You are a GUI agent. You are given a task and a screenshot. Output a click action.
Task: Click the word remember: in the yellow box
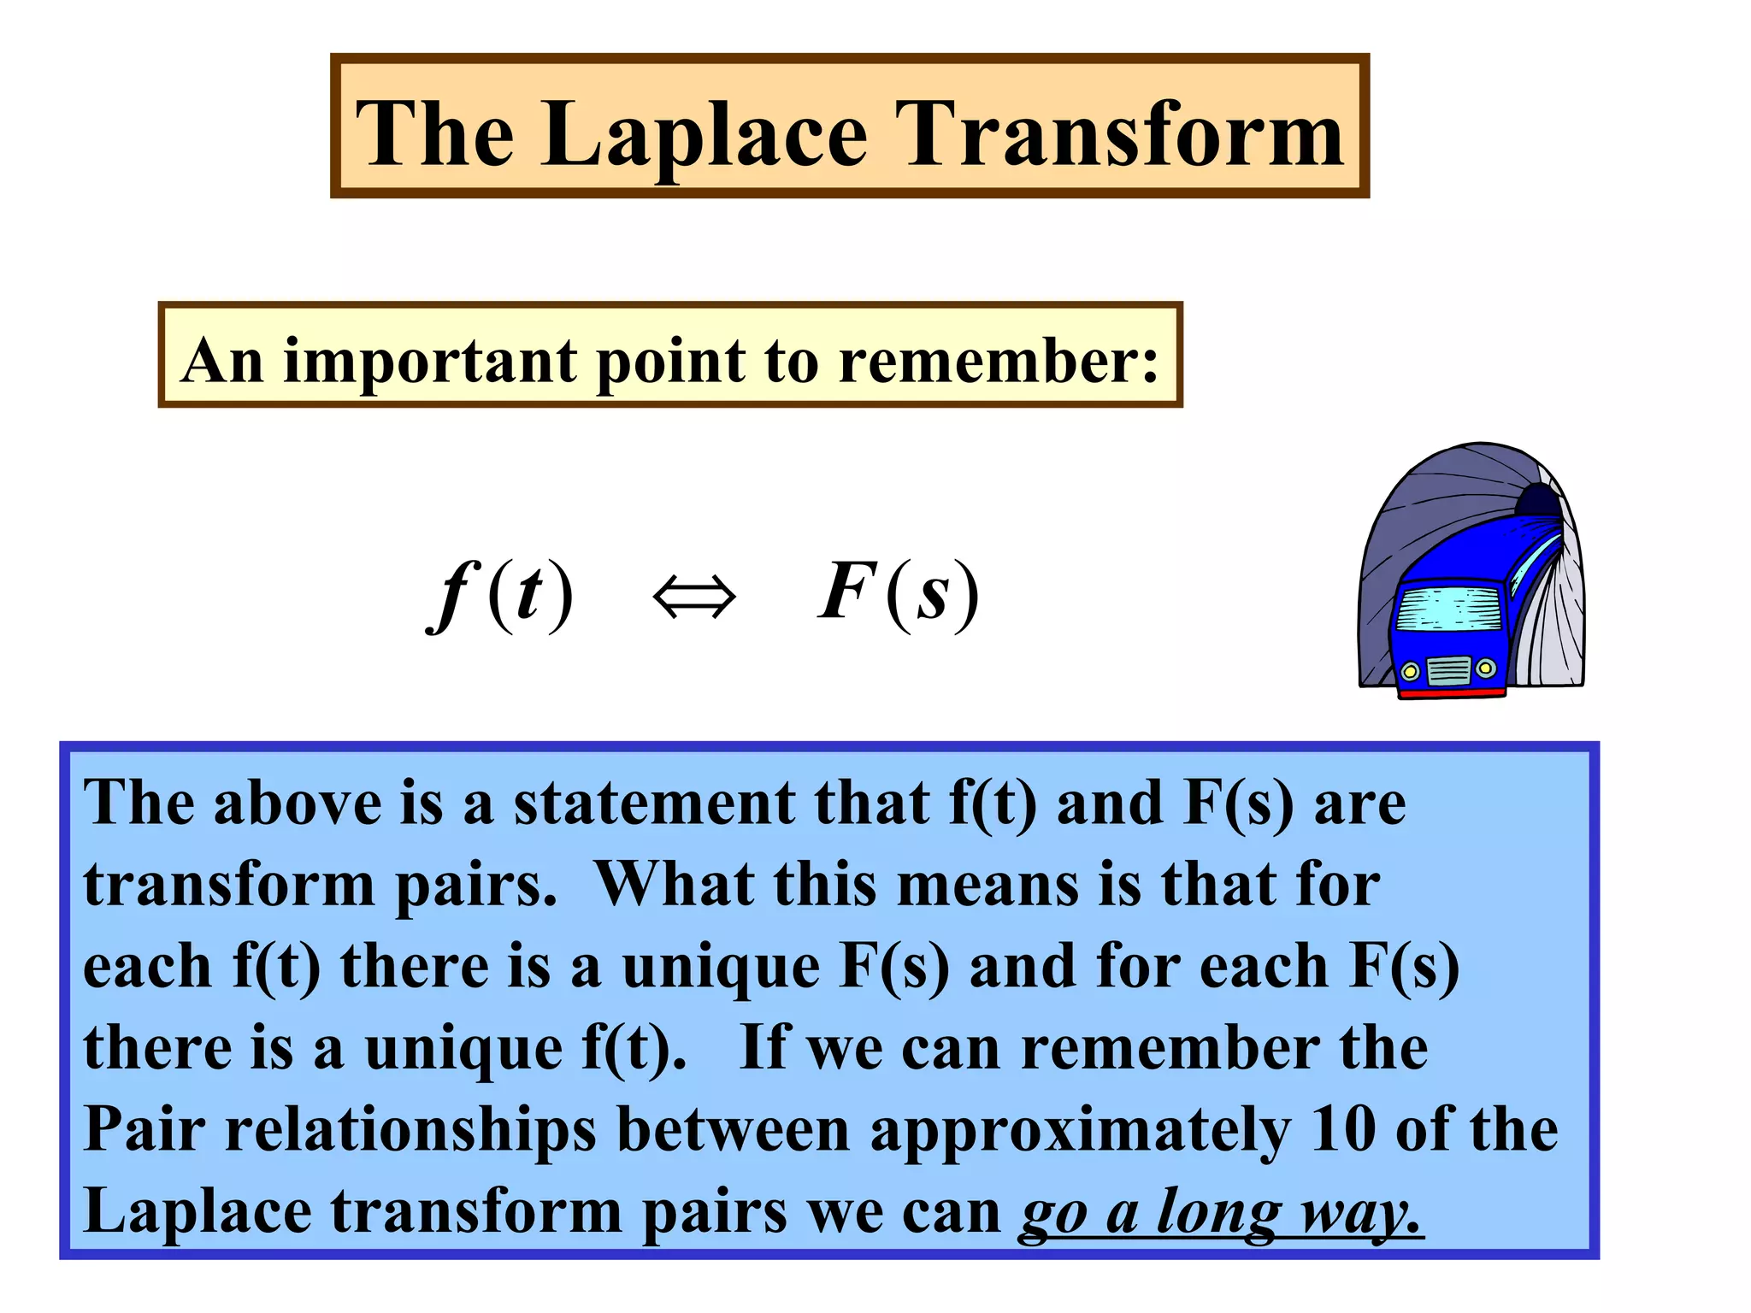(x=998, y=360)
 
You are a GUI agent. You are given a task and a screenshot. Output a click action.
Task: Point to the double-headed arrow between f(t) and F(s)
(x=693, y=596)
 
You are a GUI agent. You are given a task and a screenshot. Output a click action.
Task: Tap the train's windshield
(x=1447, y=609)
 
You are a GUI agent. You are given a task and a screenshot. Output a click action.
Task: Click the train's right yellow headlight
(x=1486, y=668)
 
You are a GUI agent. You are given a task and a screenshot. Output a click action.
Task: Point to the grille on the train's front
(x=1449, y=670)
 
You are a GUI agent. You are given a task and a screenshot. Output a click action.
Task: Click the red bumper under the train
(x=1451, y=693)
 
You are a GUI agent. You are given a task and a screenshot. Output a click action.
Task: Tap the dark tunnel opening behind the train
(x=1539, y=501)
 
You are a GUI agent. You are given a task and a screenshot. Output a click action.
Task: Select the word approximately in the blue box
(x=1080, y=1131)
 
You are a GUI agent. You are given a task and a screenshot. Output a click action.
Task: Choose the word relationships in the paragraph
(x=410, y=1131)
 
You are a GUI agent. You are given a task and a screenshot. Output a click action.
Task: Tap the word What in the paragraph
(x=674, y=884)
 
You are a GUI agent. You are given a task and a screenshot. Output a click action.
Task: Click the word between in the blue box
(x=733, y=1129)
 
